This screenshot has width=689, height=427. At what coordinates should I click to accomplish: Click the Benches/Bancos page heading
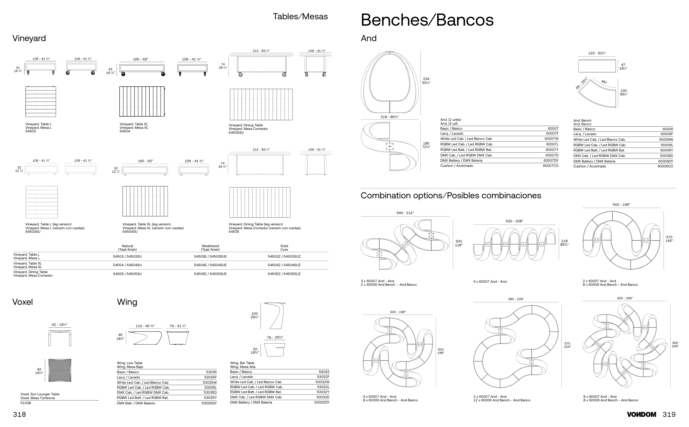click(x=427, y=20)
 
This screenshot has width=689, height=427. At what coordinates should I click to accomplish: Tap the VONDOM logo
click(x=641, y=414)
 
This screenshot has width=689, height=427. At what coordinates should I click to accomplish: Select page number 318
click(x=20, y=414)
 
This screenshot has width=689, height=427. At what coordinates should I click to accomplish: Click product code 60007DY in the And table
click(x=551, y=161)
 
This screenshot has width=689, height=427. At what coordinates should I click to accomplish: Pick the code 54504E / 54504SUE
click(x=210, y=265)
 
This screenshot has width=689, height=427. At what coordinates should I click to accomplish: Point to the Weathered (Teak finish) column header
click(x=210, y=248)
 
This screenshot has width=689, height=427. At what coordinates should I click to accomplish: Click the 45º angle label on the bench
click(x=604, y=82)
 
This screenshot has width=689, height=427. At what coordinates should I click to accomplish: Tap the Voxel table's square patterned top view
click(x=60, y=370)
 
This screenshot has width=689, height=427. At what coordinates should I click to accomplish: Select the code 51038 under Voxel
click(x=26, y=403)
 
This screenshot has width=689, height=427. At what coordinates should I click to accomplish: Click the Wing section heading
click(x=127, y=302)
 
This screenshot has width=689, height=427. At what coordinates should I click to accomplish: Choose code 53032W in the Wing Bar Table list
click(x=322, y=382)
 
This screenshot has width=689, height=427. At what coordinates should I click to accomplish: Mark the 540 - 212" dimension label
click(x=405, y=213)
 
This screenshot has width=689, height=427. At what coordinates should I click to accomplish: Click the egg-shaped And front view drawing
click(x=389, y=82)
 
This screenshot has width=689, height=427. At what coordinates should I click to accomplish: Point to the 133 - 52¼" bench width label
click(x=597, y=53)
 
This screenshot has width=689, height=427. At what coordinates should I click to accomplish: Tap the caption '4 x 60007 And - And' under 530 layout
click(x=489, y=282)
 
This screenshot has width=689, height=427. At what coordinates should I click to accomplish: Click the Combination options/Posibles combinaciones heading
click(x=451, y=195)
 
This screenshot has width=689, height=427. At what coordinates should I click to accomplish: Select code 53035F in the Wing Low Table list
click(x=211, y=377)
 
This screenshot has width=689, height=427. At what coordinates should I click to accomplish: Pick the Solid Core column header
click(x=284, y=248)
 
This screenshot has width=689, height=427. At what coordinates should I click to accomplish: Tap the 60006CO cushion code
click(x=665, y=166)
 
